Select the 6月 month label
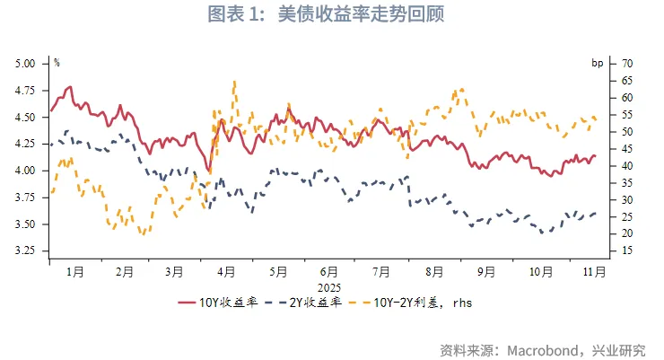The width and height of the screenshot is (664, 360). pos(328,270)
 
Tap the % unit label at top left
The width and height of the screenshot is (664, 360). pos(57,63)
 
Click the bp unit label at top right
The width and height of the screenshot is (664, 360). pos(597,63)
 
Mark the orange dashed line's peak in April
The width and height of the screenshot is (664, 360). pos(234,82)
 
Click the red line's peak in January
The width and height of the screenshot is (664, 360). pos(69,87)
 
